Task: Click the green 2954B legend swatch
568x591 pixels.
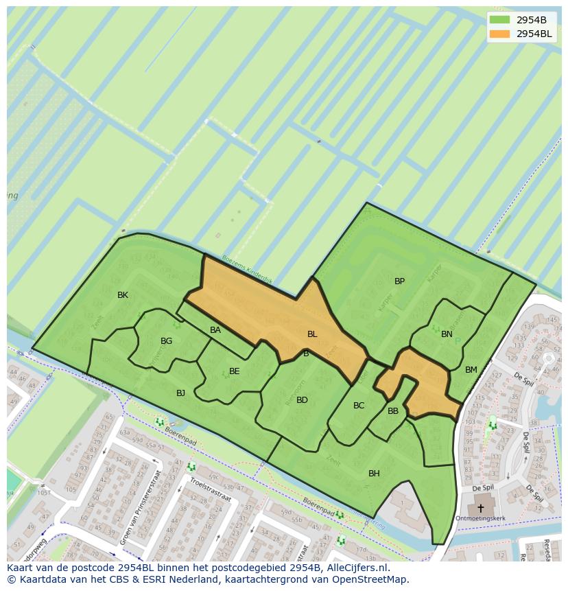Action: (x=500, y=20)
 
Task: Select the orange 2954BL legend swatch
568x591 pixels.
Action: (x=500, y=33)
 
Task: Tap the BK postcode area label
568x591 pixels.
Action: (x=123, y=295)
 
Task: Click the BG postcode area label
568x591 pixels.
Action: (x=166, y=341)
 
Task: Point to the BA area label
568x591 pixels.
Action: (x=215, y=330)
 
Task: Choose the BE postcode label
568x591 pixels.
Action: (x=235, y=371)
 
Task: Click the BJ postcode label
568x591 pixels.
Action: (x=180, y=393)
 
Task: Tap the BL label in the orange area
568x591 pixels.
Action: (x=312, y=334)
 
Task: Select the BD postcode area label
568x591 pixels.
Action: (x=302, y=400)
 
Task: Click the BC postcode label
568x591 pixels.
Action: (x=359, y=406)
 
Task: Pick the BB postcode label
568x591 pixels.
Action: (x=393, y=411)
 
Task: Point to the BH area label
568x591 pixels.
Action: (x=374, y=474)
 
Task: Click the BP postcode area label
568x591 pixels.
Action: (x=399, y=281)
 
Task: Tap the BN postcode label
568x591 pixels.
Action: (x=447, y=334)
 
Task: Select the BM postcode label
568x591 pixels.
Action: (x=471, y=370)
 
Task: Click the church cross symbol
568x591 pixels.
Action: (x=480, y=509)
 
